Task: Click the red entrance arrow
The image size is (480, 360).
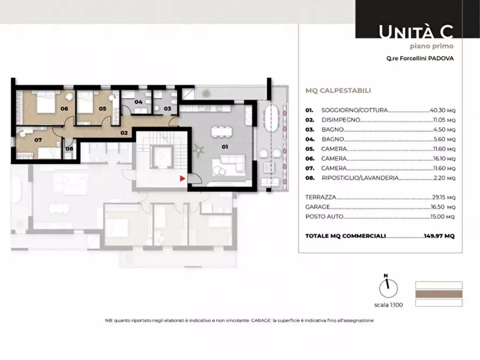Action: click(x=182, y=178)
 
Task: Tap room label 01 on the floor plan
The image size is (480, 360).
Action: click(x=225, y=147)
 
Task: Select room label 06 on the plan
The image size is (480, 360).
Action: click(x=65, y=109)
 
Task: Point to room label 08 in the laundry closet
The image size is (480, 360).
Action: click(x=69, y=149)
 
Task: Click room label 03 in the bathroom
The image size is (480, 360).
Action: click(x=168, y=109)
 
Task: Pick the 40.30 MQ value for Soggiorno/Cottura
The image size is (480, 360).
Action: click(x=443, y=110)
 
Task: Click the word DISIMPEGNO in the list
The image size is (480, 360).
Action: click(x=341, y=120)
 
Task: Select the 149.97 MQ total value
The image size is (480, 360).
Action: click(x=439, y=236)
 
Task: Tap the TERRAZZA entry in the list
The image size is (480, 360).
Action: click(x=320, y=197)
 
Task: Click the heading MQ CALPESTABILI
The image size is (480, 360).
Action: click(x=338, y=91)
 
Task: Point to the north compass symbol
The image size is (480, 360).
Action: click(x=388, y=286)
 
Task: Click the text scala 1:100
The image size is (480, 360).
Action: click(x=389, y=305)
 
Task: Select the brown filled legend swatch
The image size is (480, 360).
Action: click(x=439, y=294)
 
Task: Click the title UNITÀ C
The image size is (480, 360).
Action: click(x=416, y=32)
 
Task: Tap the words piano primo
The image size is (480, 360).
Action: click(x=432, y=46)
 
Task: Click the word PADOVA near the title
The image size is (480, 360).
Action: click(x=441, y=59)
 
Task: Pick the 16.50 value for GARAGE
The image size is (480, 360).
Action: click(x=438, y=207)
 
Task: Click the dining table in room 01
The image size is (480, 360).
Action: click(x=221, y=132)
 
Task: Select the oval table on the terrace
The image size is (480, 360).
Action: click(x=271, y=118)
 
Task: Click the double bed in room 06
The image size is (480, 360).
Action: click(x=46, y=102)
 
